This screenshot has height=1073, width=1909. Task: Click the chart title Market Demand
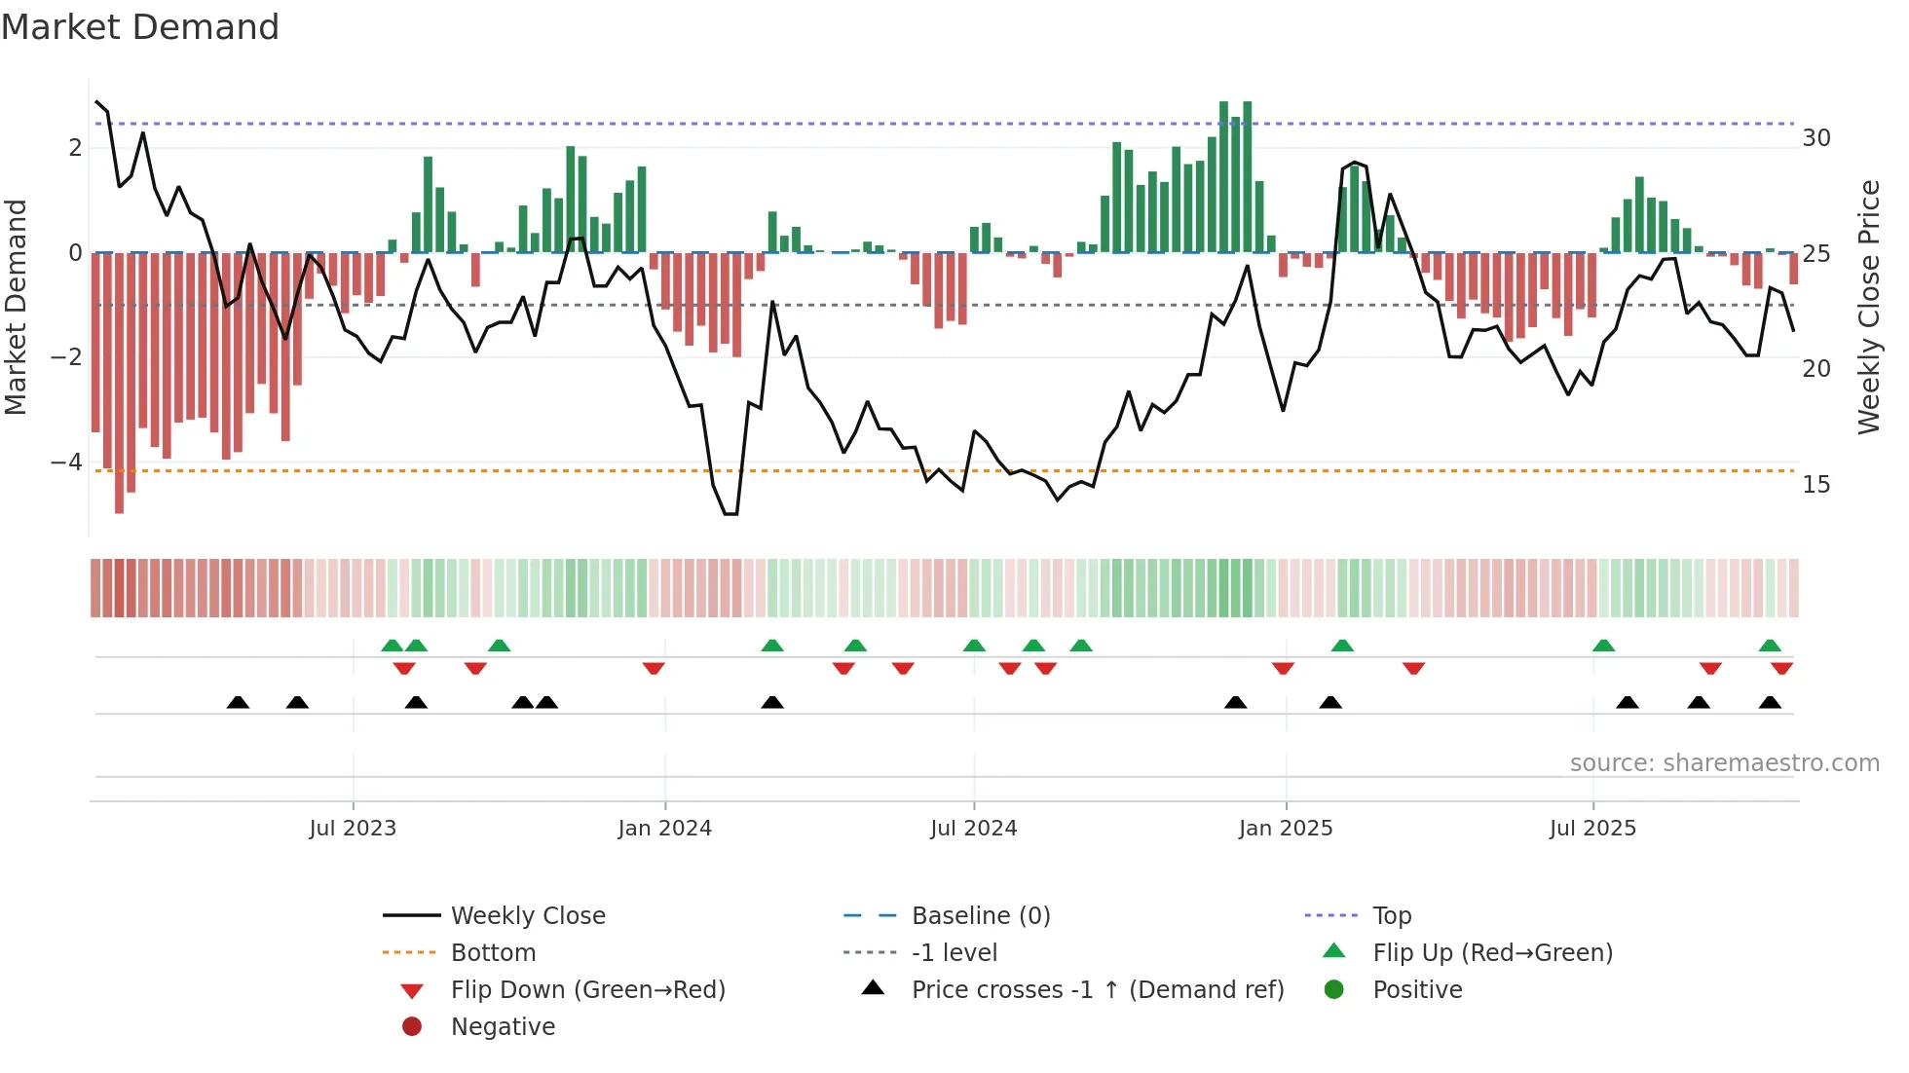pyautogui.click(x=140, y=27)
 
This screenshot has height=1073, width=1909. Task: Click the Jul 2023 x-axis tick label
pyautogui.click(x=353, y=829)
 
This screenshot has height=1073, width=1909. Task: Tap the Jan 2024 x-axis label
pyautogui.click(x=664, y=829)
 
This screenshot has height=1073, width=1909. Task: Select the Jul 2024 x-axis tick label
pyautogui.click(x=973, y=829)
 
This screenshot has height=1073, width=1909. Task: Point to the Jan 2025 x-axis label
pyautogui.click(x=1286, y=829)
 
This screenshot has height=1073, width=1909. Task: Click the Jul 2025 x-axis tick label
pyautogui.click(x=1592, y=829)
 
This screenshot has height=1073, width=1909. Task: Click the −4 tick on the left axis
pyautogui.click(x=66, y=462)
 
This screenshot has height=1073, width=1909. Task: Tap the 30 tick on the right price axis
pyautogui.click(x=1815, y=138)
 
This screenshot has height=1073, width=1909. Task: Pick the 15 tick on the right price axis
pyautogui.click(x=1815, y=485)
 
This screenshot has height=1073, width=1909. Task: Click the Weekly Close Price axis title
pyautogui.click(x=1868, y=307)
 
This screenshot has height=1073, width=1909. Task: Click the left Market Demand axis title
pyautogui.click(x=17, y=307)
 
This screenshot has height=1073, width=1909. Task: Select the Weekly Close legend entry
pyautogui.click(x=527, y=916)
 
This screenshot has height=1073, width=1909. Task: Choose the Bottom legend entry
pyautogui.click(x=493, y=953)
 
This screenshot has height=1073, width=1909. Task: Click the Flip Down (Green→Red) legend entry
pyautogui.click(x=587, y=990)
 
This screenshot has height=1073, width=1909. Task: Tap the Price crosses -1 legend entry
pyautogui.click(x=1097, y=990)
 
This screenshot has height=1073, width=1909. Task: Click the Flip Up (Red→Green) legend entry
pyautogui.click(x=1492, y=953)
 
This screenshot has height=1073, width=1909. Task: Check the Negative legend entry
pyautogui.click(x=503, y=1027)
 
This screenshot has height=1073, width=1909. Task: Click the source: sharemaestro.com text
pyautogui.click(x=1724, y=763)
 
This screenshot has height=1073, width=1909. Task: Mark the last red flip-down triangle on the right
pyautogui.click(x=1781, y=669)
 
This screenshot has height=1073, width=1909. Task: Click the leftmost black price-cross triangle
pyautogui.click(x=238, y=703)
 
